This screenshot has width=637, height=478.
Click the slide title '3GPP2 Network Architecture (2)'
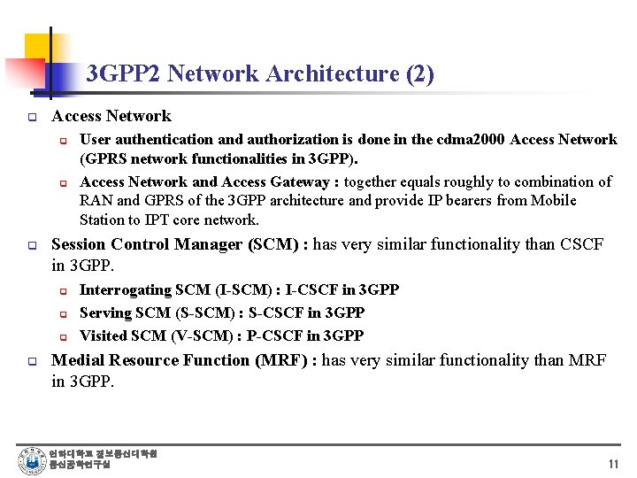pyautogui.click(x=260, y=73)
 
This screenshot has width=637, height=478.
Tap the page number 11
pyautogui.click(x=613, y=464)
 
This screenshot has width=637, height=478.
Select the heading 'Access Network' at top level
pyautogui.click(x=111, y=116)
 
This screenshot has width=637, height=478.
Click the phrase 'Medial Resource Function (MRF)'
pyautogui.click(x=183, y=360)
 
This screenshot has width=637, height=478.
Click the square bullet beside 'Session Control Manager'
pyautogui.click(x=31, y=245)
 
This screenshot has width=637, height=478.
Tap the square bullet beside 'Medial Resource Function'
pyautogui.click(x=31, y=361)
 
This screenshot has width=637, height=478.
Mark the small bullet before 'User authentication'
pyautogui.click(x=63, y=140)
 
